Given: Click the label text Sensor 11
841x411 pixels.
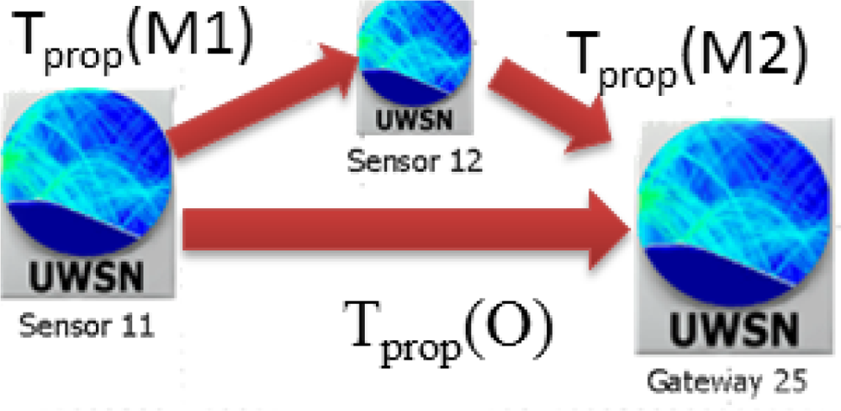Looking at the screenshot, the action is tap(87, 324).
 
